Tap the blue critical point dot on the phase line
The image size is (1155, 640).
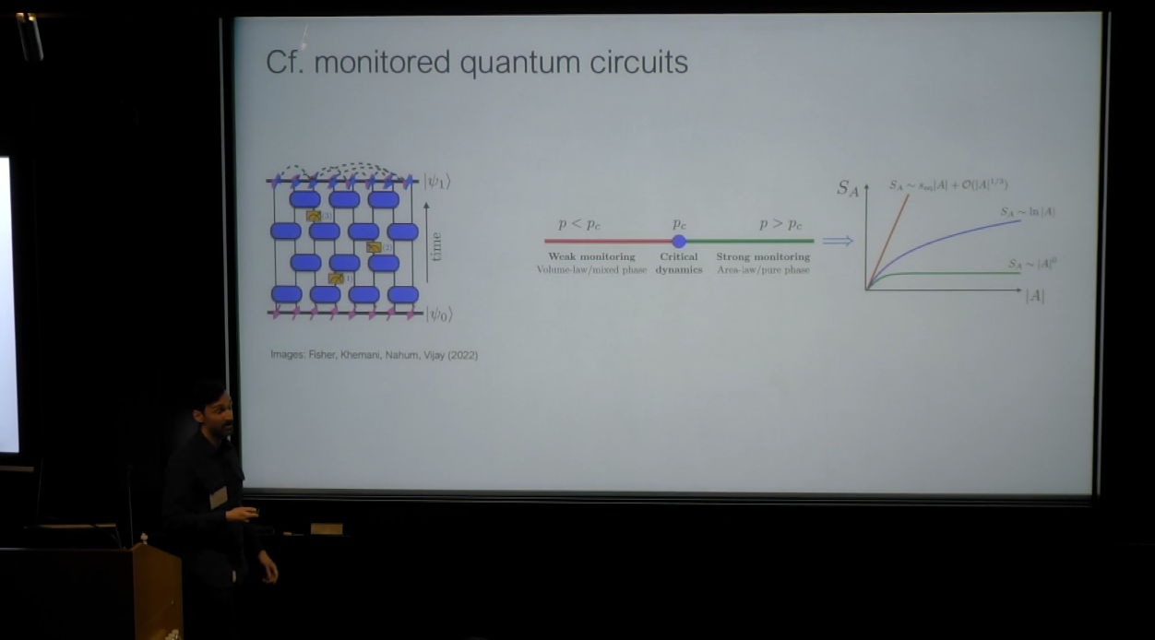coord(679,241)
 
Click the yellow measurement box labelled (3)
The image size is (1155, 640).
coord(314,216)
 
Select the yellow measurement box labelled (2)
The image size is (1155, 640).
coord(374,247)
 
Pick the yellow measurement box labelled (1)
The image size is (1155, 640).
coord(336,278)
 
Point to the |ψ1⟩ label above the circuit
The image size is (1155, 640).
coord(437,182)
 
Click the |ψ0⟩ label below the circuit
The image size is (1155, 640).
coord(438,314)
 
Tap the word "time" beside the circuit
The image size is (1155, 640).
coord(436,245)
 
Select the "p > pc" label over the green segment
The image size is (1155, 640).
coord(780,224)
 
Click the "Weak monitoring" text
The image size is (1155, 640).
coord(591,257)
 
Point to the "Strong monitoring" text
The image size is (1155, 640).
coord(763,257)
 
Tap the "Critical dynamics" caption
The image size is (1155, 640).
coord(679,263)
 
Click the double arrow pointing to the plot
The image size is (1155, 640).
coord(838,241)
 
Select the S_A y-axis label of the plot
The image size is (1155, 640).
coord(848,188)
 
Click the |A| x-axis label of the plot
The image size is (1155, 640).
coord(1034,296)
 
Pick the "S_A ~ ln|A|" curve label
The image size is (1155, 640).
coord(1028,212)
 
